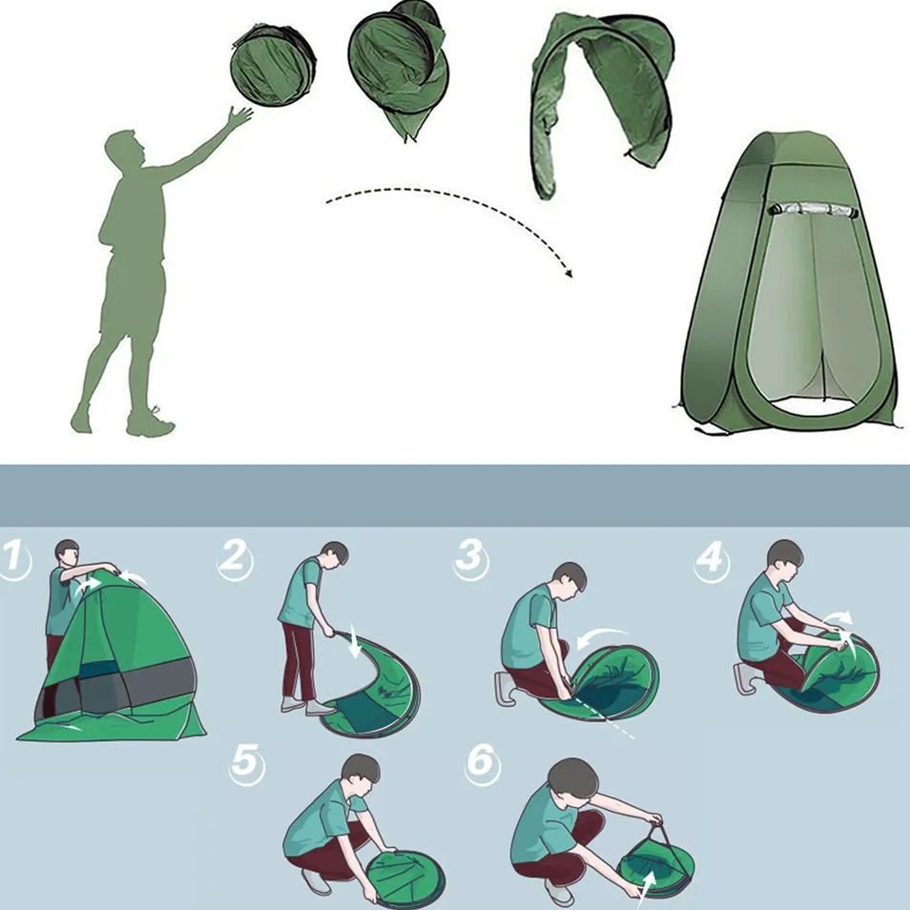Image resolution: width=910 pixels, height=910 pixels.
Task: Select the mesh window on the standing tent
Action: [x=814, y=210]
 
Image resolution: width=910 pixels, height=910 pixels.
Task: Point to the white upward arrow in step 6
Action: [x=647, y=887]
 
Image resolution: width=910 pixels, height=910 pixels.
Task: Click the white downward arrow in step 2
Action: [x=354, y=644]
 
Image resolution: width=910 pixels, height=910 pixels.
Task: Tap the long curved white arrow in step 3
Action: [x=601, y=638]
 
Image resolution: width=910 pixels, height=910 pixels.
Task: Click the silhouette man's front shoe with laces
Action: [x=150, y=422]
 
